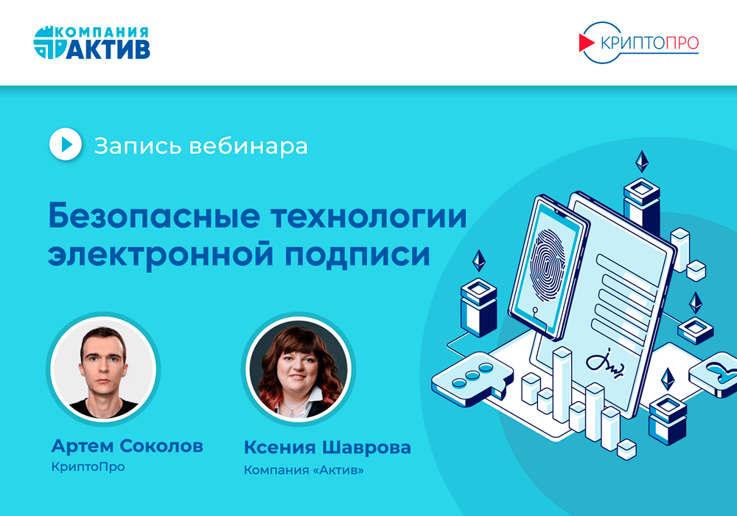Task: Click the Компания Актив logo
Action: pyautogui.click(x=92, y=43)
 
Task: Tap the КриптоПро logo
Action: pyautogui.click(x=638, y=43)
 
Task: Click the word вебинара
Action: pyautogui.click(x=248, y=145)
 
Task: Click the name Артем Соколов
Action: pyautogui.click(x=128, y=446)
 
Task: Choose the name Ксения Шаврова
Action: pyautogui.click(x=327, y=447)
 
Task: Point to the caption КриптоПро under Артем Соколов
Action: pyautogui.click(x=88, y=467)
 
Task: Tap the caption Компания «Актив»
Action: pyautogui.click(x=304, y=469)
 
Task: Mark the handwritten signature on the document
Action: pyautogui.click(x=605, y=362)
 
